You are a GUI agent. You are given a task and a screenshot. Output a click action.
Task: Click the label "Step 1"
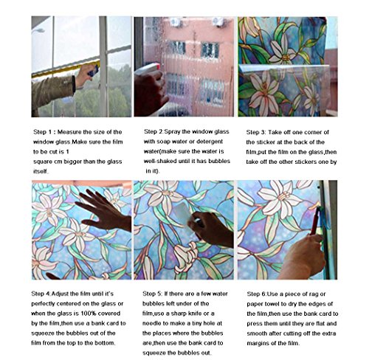[43, 132]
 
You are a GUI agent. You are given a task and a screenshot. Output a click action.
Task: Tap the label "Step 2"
[154, 131]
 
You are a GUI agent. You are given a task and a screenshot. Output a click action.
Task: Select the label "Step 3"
[255, 132]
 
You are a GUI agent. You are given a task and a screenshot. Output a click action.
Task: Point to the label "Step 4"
[41, 294]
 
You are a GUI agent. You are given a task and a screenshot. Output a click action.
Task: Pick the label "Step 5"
[152, 294]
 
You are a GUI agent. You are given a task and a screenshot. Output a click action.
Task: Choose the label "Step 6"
[256, 294]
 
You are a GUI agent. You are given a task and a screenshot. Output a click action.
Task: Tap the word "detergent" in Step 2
[210, 142]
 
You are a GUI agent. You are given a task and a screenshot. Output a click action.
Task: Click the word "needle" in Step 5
[151, 323]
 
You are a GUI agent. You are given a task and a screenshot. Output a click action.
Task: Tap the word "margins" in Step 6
[258, 344]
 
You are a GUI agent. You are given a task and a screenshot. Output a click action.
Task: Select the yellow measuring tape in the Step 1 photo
[66, 69]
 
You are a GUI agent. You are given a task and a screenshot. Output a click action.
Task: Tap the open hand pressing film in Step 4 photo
[103, 211]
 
